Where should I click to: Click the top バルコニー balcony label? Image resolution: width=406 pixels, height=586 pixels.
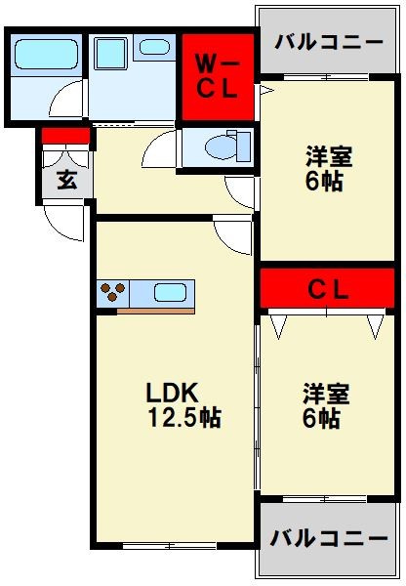tap(316, 41)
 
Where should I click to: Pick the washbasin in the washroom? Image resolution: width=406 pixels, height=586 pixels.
tap(153, 46)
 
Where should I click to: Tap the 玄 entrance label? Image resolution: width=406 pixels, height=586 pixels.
tap(66, 180)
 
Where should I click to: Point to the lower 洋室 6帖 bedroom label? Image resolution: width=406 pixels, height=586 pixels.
tap(320, 406)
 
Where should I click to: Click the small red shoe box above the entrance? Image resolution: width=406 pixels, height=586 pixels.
tap(66, 137)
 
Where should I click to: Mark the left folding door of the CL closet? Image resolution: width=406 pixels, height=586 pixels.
tap(280, 325)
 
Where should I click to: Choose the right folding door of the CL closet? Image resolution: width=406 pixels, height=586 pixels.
tap(376, 325)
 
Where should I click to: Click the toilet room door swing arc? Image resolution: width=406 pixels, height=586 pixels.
tap(159, 152)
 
